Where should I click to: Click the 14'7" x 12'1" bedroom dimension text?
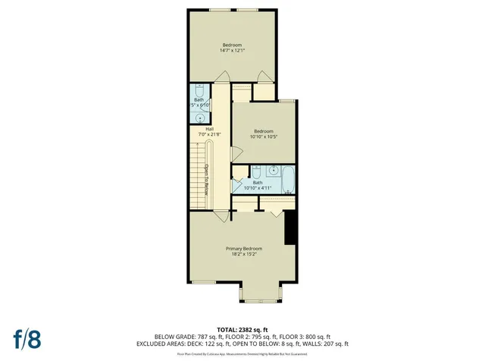(233, 51)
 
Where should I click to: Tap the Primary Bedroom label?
(244, 249)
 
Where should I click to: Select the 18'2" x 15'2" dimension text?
(244, 256)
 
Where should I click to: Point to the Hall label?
(209, 128)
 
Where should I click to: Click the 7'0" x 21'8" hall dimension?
(209, 134)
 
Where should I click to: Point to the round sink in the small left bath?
(199, 118)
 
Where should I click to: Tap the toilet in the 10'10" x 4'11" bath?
(257, 170)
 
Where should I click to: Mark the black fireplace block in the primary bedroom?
(289, 227)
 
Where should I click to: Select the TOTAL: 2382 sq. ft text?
(242, 329)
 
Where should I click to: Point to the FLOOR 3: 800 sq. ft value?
(305, 336)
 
